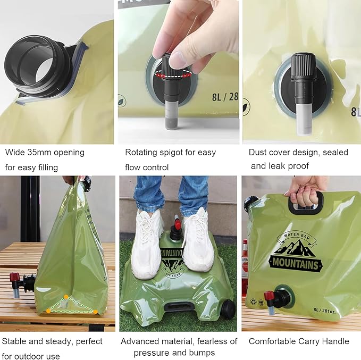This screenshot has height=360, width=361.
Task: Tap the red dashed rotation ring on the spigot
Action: tap(173, 74)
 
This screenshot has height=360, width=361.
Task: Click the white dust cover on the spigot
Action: tap(304, 119)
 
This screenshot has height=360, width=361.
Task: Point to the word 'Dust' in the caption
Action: tap(257, 152)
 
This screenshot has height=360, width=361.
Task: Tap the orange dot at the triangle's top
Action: tap(66, 297)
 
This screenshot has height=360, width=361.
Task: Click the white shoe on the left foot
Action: tap(147, 244)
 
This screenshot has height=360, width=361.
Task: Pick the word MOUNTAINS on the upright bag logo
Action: tap(296, 263)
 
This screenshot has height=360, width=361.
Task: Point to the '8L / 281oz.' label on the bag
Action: tap(324, 310)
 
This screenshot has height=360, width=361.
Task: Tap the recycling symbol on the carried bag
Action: tap(254, 302)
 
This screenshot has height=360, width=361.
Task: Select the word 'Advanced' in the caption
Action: tap(137, 341)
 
